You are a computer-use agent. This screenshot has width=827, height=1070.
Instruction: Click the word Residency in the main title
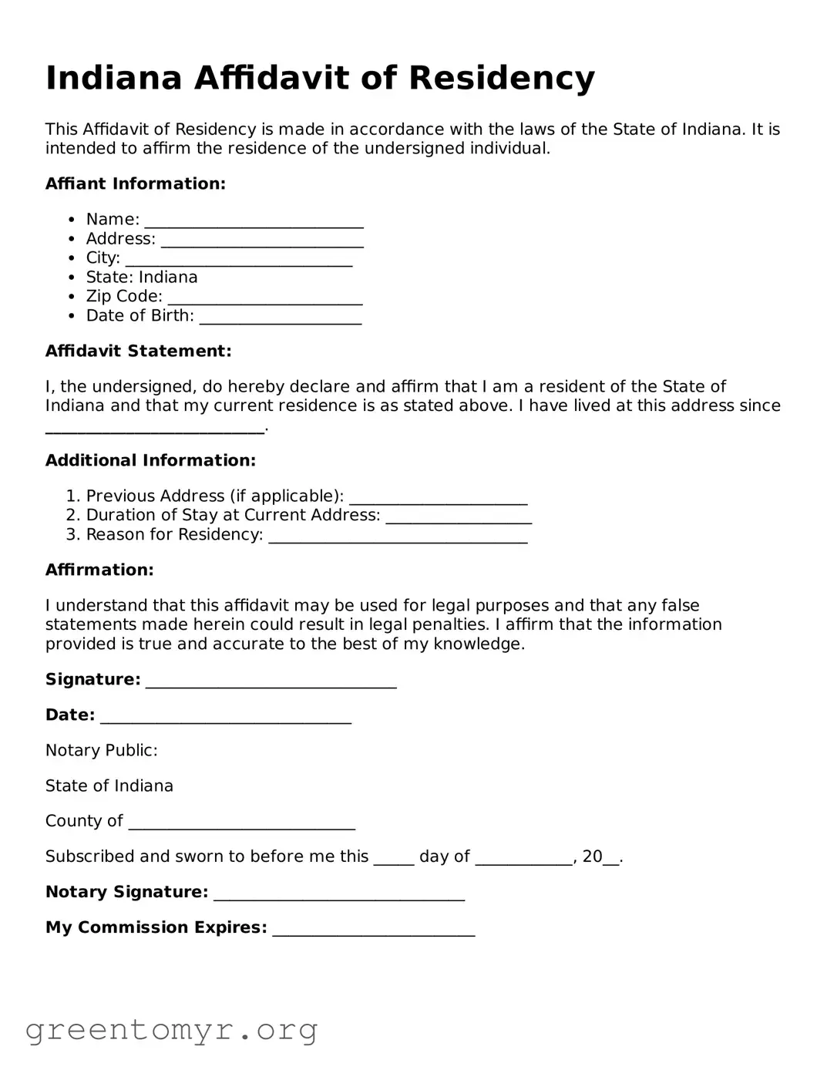click(x=501, y=78)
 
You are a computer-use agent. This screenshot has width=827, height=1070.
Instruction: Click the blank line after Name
click(x=254, y=221)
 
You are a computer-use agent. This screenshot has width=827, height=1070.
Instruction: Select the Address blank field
click(x=262, y=241)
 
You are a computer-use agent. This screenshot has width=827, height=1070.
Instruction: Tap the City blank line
click(x=238, y=260)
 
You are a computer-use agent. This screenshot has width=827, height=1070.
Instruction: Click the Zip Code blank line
click(x=264, y=298)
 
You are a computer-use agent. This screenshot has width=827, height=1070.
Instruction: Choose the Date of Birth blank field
click(x=280, y=318)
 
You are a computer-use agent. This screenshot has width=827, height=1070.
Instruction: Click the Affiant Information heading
click(x=136, y=183)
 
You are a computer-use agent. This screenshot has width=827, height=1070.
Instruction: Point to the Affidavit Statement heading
click(x=138, y=351)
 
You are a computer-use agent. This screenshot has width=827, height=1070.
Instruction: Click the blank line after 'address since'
click(x=154, y=427)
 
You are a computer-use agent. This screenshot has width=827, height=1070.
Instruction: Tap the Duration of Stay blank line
click(x=458, y=517)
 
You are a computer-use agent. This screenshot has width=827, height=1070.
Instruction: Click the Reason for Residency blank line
click(x=398, y=537)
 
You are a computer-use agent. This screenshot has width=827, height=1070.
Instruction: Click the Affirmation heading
click(x=99, y=570)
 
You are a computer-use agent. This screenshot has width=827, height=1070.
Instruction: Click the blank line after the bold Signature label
click(x=271, y=681)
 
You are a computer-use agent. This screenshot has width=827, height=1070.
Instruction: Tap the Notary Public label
click(x=101, y=750)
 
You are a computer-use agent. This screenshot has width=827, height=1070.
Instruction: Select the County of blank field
click(x=241, y=823)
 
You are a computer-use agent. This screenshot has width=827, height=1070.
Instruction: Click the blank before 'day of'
click(x=394, y=859)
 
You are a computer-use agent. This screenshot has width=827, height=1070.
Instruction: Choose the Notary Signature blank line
click(x=338, y=894)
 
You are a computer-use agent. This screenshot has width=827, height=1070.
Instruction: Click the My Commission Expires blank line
click(x=373, y=930)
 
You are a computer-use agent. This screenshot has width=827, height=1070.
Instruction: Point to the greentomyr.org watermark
click(x=171, y=1030)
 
